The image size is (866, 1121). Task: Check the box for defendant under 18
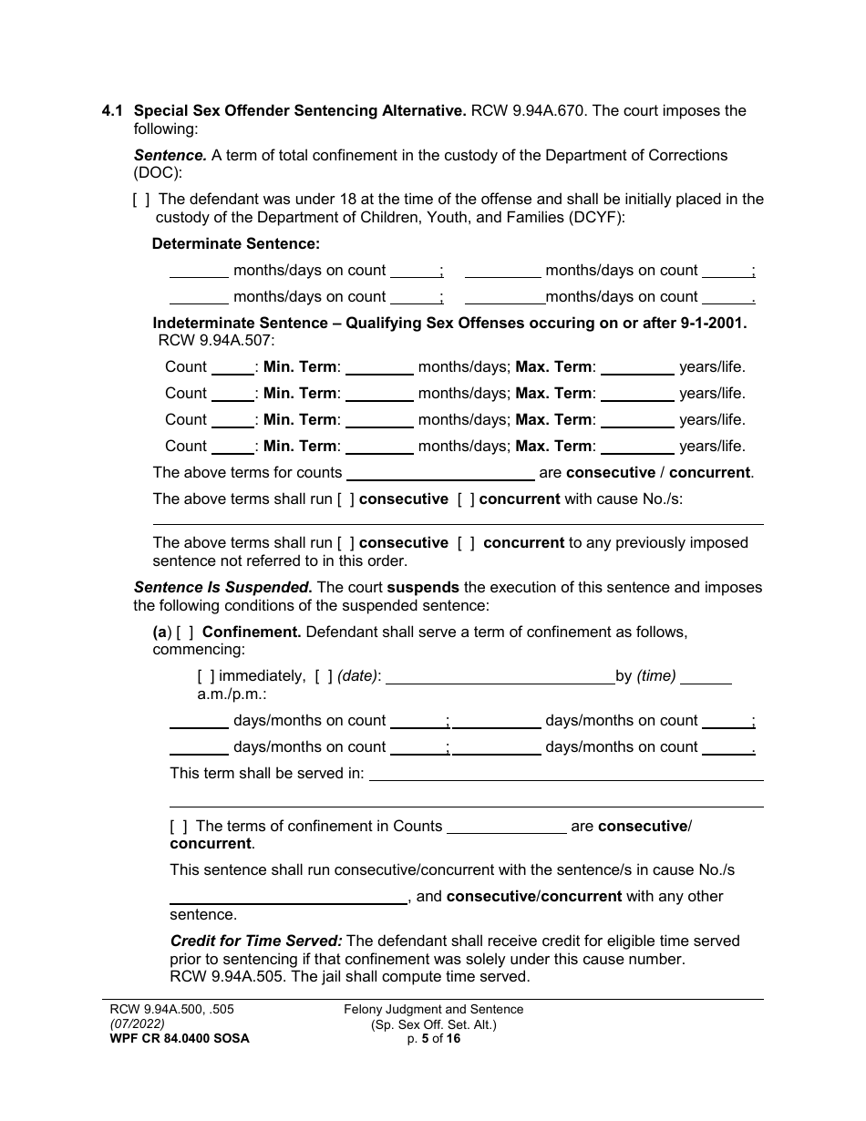coord(141,200)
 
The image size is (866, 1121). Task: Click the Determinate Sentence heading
coord(235,244)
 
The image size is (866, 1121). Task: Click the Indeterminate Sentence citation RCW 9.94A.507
coord(216,341)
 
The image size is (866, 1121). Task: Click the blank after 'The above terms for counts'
coord(440,473)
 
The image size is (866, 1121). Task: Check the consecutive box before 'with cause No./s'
coord(345,499)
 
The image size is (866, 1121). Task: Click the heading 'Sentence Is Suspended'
coord(222,588)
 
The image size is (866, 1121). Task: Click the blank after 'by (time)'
coord(706,677)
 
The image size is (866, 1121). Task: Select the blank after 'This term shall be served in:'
coord(565,775)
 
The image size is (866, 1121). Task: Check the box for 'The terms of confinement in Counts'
coord(179,827)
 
